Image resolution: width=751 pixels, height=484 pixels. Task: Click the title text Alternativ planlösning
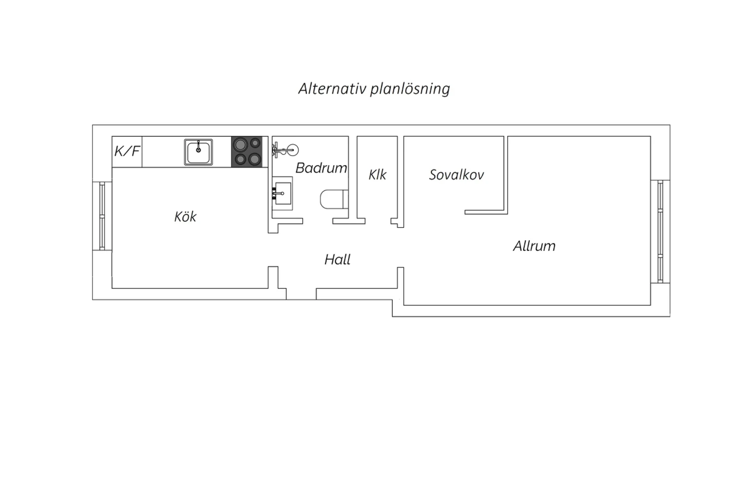(374, 89)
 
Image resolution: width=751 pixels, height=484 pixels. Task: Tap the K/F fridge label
(127, 151)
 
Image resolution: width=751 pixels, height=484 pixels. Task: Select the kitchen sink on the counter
(198, 152)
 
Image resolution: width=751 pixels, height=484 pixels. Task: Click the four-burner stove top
(247, 152)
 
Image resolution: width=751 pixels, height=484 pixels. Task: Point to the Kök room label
(185, 217)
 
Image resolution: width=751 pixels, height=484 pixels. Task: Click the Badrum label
(321, 168)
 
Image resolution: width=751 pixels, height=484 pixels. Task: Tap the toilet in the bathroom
(334, 199)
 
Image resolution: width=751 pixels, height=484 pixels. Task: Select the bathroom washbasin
(282, 193)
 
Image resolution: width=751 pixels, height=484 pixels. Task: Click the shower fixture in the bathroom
(285, 150)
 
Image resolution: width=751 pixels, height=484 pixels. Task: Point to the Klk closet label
(378, 175)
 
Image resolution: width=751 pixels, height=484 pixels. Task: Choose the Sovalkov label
(456, 175)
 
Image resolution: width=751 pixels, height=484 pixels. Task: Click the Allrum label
(534, 246)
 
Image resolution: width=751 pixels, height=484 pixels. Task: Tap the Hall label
(337, 259)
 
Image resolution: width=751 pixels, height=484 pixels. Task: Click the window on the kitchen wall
(102, 216)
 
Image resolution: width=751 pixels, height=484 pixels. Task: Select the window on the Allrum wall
(660, 232)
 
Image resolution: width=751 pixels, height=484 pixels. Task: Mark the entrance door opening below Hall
(301, 294)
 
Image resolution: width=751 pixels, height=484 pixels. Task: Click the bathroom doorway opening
(317, 221)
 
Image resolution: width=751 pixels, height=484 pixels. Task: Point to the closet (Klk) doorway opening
(378, 221)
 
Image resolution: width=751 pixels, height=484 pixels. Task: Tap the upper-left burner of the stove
(240, 145)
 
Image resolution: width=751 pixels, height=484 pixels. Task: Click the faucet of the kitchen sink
(198, 147)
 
